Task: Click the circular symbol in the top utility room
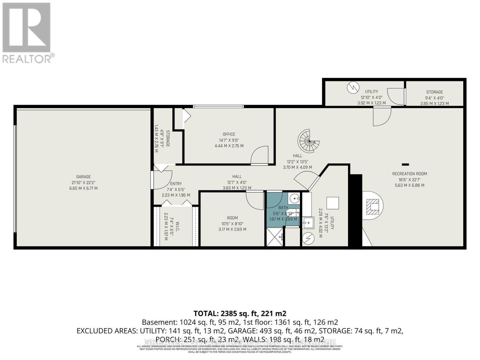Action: click(353, 88)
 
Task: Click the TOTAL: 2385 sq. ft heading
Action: click(240, 313)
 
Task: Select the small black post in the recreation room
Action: click(405, 164)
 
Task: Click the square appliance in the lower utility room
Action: click(332, 203)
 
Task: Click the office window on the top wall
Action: click(218, 106)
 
